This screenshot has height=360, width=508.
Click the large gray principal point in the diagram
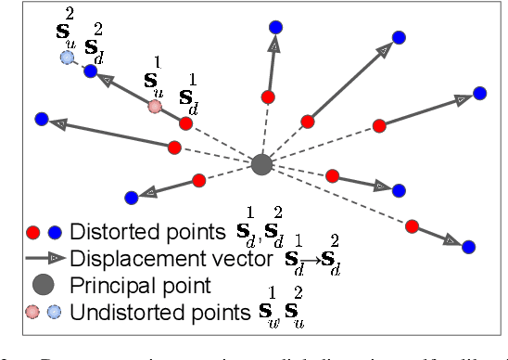(262, 164)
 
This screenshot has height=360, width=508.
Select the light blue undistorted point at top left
(67, 58)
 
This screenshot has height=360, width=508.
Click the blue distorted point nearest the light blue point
(91, 71)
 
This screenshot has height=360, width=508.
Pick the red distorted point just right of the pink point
(186, 122)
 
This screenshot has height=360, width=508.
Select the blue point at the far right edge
(479, 93)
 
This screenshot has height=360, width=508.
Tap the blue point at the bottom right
(468, 247)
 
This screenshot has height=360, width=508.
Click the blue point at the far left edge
(41, 119)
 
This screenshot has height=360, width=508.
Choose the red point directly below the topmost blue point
(268, 96)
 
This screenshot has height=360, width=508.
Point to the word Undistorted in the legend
(121, 310)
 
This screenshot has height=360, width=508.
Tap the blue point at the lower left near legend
(131, 198)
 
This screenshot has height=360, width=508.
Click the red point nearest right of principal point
(333, 174)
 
